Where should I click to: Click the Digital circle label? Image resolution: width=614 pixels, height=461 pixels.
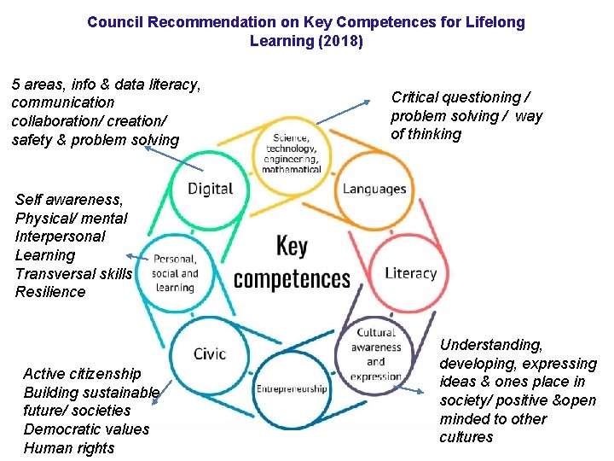tap(210, 189)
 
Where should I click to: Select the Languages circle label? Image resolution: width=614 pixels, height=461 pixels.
tap(374, 189)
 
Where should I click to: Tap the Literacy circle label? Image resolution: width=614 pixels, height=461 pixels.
tap(410, 273)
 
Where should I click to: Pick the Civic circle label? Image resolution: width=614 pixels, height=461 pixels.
tap(210, 353)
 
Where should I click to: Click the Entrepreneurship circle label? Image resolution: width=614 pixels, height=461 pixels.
tap(292, 389)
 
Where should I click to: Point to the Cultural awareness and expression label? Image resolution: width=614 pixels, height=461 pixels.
tap(376, 354)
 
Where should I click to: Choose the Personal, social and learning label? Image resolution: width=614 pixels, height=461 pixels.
tap(175, 273)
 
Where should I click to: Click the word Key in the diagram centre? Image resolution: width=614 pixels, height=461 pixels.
tap(292, 248)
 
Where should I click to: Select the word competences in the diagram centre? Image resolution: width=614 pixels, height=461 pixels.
tap(292, 279)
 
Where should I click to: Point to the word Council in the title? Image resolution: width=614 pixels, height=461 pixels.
tap(115, 22)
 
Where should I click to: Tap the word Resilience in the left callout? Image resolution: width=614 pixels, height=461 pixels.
tap(50, 292)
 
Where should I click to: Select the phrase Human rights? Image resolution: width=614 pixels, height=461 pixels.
tap(68, 448)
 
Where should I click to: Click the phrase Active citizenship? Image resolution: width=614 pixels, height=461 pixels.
tap(82, 374)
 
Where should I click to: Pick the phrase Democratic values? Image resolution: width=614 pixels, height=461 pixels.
tap(86, 429)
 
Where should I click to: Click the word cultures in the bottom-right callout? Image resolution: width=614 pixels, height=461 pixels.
tap(466, 437)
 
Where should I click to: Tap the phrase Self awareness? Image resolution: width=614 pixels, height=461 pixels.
tap(69, 200)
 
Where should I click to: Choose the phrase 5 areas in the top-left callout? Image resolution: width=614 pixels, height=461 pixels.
tap(38, 85)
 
